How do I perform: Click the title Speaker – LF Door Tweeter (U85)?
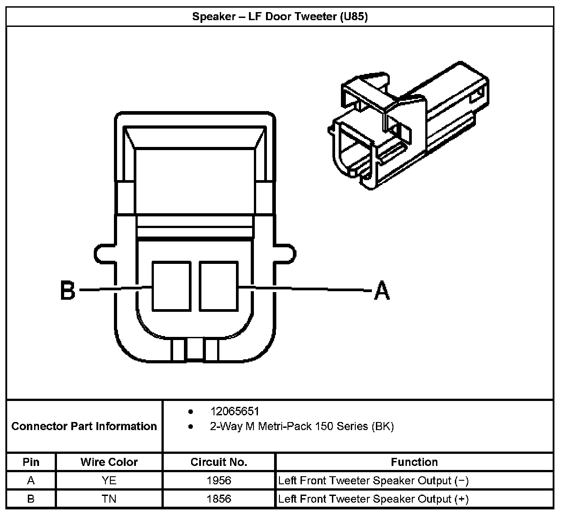280,17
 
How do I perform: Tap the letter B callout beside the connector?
68,290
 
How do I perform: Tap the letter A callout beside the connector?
382,290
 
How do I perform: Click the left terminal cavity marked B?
171,286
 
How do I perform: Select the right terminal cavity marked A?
218,286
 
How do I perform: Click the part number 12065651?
235,411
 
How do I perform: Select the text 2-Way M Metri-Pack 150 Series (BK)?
301,426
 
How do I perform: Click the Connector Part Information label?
84,426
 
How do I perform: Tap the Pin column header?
31,462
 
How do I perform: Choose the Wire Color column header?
109,462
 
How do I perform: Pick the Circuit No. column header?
219,462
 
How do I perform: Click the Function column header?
414,462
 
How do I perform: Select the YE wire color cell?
109,481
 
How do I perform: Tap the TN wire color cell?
109,499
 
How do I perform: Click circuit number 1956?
219,481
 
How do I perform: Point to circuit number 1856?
219,499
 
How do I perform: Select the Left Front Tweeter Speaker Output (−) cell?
373,481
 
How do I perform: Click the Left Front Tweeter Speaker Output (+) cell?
373,499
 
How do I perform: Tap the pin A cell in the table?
31,481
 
